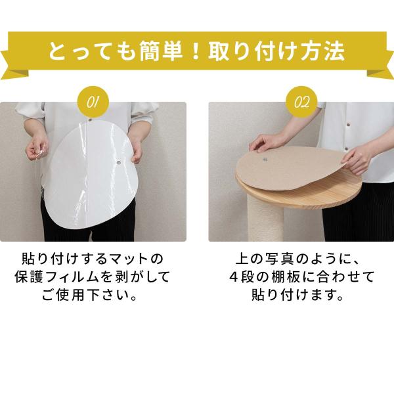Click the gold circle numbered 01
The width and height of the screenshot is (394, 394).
pyautogui.click(x=93, y=102)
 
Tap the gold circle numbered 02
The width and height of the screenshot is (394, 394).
pyautogui.click(x=301, y=102)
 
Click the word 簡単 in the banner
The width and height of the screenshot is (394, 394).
pyautogui.click(x=161, y=52)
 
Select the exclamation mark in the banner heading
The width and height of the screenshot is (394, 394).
pyautogui.click(x=195, y=52)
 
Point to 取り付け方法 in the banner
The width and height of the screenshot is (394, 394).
pyautogui.click(x=276, y=52)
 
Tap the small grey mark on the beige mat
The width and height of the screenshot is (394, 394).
pyautogui.click(x=265, y=160)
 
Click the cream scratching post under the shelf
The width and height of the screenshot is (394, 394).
pyautogui.click(x=266, y=221)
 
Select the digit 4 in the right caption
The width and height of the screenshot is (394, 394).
pyautogui.click(x=234, y=276)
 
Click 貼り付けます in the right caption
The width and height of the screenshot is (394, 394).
pyautogui.click(x=297, y=295)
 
